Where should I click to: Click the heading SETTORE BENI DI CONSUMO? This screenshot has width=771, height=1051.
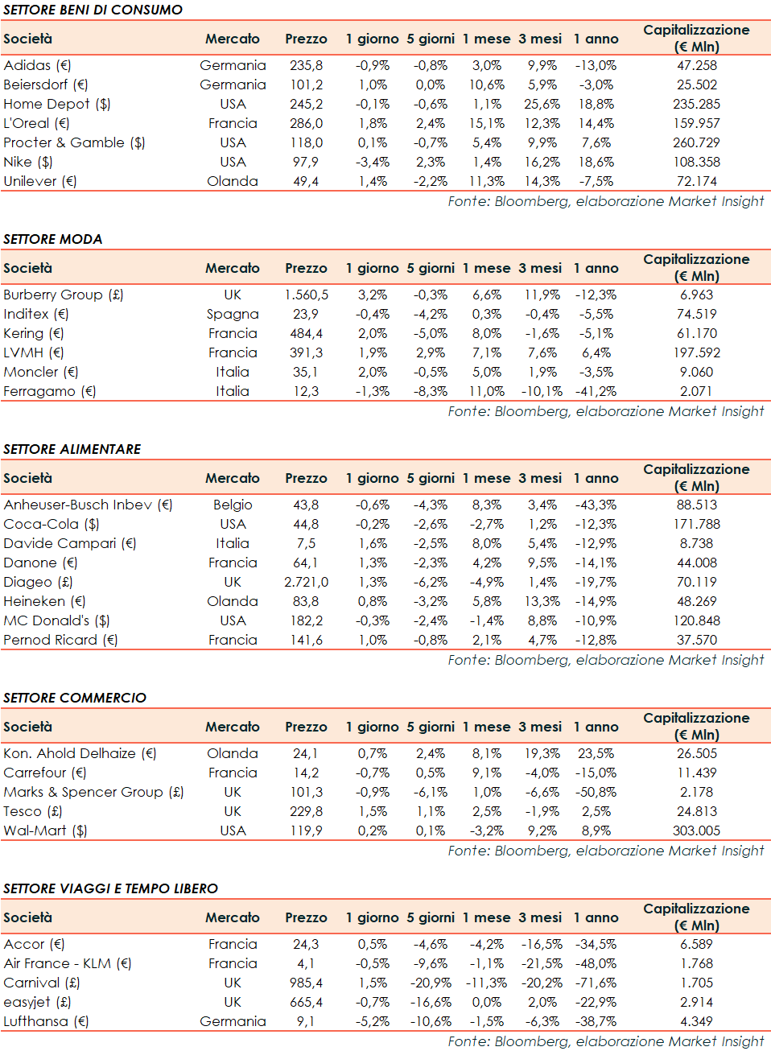pyautogui.click(x=93, y=10)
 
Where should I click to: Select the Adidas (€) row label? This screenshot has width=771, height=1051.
pyautogui.click(x=37, y=65)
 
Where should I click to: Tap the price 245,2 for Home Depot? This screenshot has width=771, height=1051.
pyautogui.click(x=306, y=104)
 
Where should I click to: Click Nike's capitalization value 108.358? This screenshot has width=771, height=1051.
pyautogui.click(x=696, y=162)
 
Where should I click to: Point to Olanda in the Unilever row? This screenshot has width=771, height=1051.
pyautogui.click(x=232, y=181)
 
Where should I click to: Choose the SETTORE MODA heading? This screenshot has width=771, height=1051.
pyautogui.click(x=53, y=239)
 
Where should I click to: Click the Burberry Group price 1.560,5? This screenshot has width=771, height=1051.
pyautogui.click(x=306, y=295)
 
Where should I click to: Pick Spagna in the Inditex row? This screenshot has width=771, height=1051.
pyautogui.click(x=232, y=314)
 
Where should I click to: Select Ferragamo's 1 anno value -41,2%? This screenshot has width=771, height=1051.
pyautogui.click(x=596, y=391)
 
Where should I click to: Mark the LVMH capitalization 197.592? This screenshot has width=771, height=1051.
pyautogui.click(x=696, y=352)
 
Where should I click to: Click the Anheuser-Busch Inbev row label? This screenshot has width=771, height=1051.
pyautogui.click(x=88, y=505)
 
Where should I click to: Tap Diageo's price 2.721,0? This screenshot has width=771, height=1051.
pyautogui.click(x=306, y=582)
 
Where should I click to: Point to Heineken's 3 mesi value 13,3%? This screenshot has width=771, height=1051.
pyautogui.click(x=542, y=601)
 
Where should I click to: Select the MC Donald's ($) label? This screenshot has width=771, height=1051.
pyautogui.click(x=56, y=620)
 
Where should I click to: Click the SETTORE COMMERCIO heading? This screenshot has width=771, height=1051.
pyautogui.click(x=75, y=698)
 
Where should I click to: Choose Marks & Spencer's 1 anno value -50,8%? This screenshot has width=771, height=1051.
pyautogui.click(x=596, y=792)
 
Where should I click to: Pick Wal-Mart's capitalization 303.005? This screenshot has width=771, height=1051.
pyautogui.click(x=696, y=830)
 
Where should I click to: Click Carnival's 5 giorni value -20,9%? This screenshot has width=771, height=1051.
pyautogui.click(x=431, y=983)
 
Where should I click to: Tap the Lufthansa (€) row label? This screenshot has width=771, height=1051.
pyautogui.click(x=46, y=1021)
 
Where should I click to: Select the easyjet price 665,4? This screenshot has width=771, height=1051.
pyautogui.click(x=306, y=1002)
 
